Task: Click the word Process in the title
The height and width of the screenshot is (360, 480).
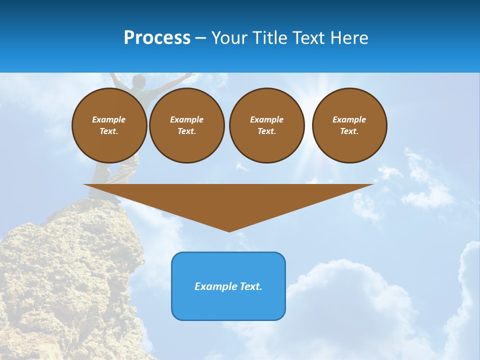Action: pos(157,38)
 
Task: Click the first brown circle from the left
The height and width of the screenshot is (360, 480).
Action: pos(109,125)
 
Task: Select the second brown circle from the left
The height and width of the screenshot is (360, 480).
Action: pos(186,125)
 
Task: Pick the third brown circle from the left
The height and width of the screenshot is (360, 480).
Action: pos(266,125)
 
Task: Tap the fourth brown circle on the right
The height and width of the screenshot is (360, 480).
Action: pos(349,125)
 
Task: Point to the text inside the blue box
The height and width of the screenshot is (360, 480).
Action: pos(228,286)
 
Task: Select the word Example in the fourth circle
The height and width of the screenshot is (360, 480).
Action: pos(349,119)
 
